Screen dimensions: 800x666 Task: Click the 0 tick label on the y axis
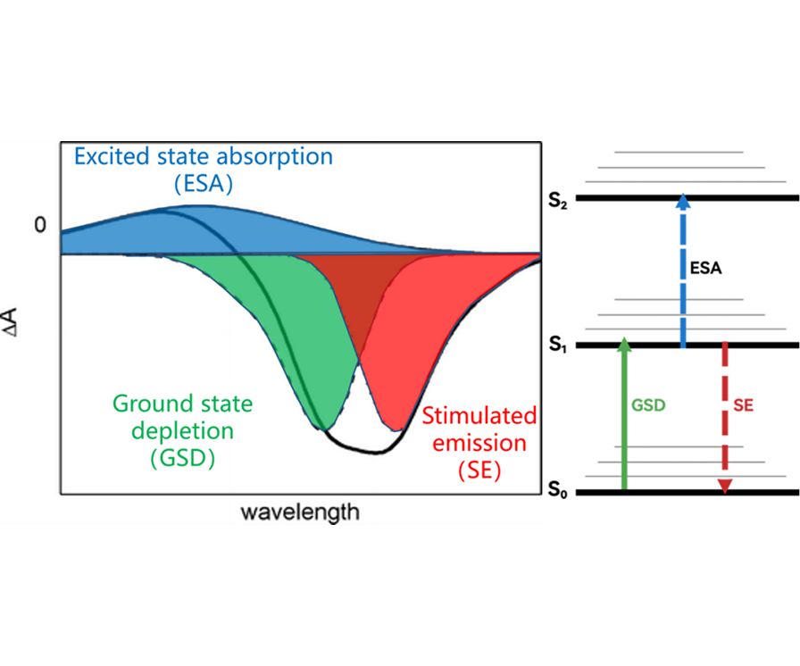[40, 225]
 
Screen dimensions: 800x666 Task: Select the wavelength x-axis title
[300, 512]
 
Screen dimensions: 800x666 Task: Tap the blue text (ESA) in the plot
[203, 184]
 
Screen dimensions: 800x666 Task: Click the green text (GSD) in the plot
[183, 457]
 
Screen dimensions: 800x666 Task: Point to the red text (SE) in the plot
[479, 470]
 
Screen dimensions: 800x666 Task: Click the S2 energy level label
[558, 200]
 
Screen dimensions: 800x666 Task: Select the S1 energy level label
[558, 345]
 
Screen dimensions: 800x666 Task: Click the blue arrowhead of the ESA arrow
[683, 201]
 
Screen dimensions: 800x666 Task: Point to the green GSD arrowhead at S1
[624, 345]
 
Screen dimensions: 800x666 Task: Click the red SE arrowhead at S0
[724, 487]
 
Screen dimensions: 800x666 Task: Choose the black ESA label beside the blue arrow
[705, 268]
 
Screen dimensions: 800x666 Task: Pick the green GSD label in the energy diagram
[648, 405]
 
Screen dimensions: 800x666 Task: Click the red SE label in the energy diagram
[743, 405]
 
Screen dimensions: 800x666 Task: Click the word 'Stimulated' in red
[479, 416]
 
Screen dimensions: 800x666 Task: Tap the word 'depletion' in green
[183, 431]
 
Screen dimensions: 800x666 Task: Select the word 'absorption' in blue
[275, 157]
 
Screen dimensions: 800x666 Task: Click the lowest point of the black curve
[376, 453]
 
